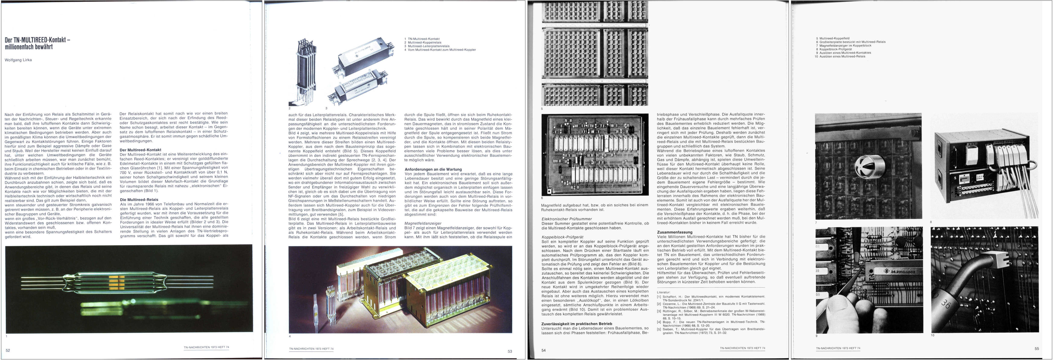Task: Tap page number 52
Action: point(8,350)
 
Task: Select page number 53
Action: point(509,351)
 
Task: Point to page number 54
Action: point(543,350)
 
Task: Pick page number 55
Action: point(1037,348)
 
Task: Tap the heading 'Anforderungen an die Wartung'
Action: point(433,169)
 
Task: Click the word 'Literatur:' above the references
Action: point(663,292)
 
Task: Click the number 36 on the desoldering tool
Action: point(946,304)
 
